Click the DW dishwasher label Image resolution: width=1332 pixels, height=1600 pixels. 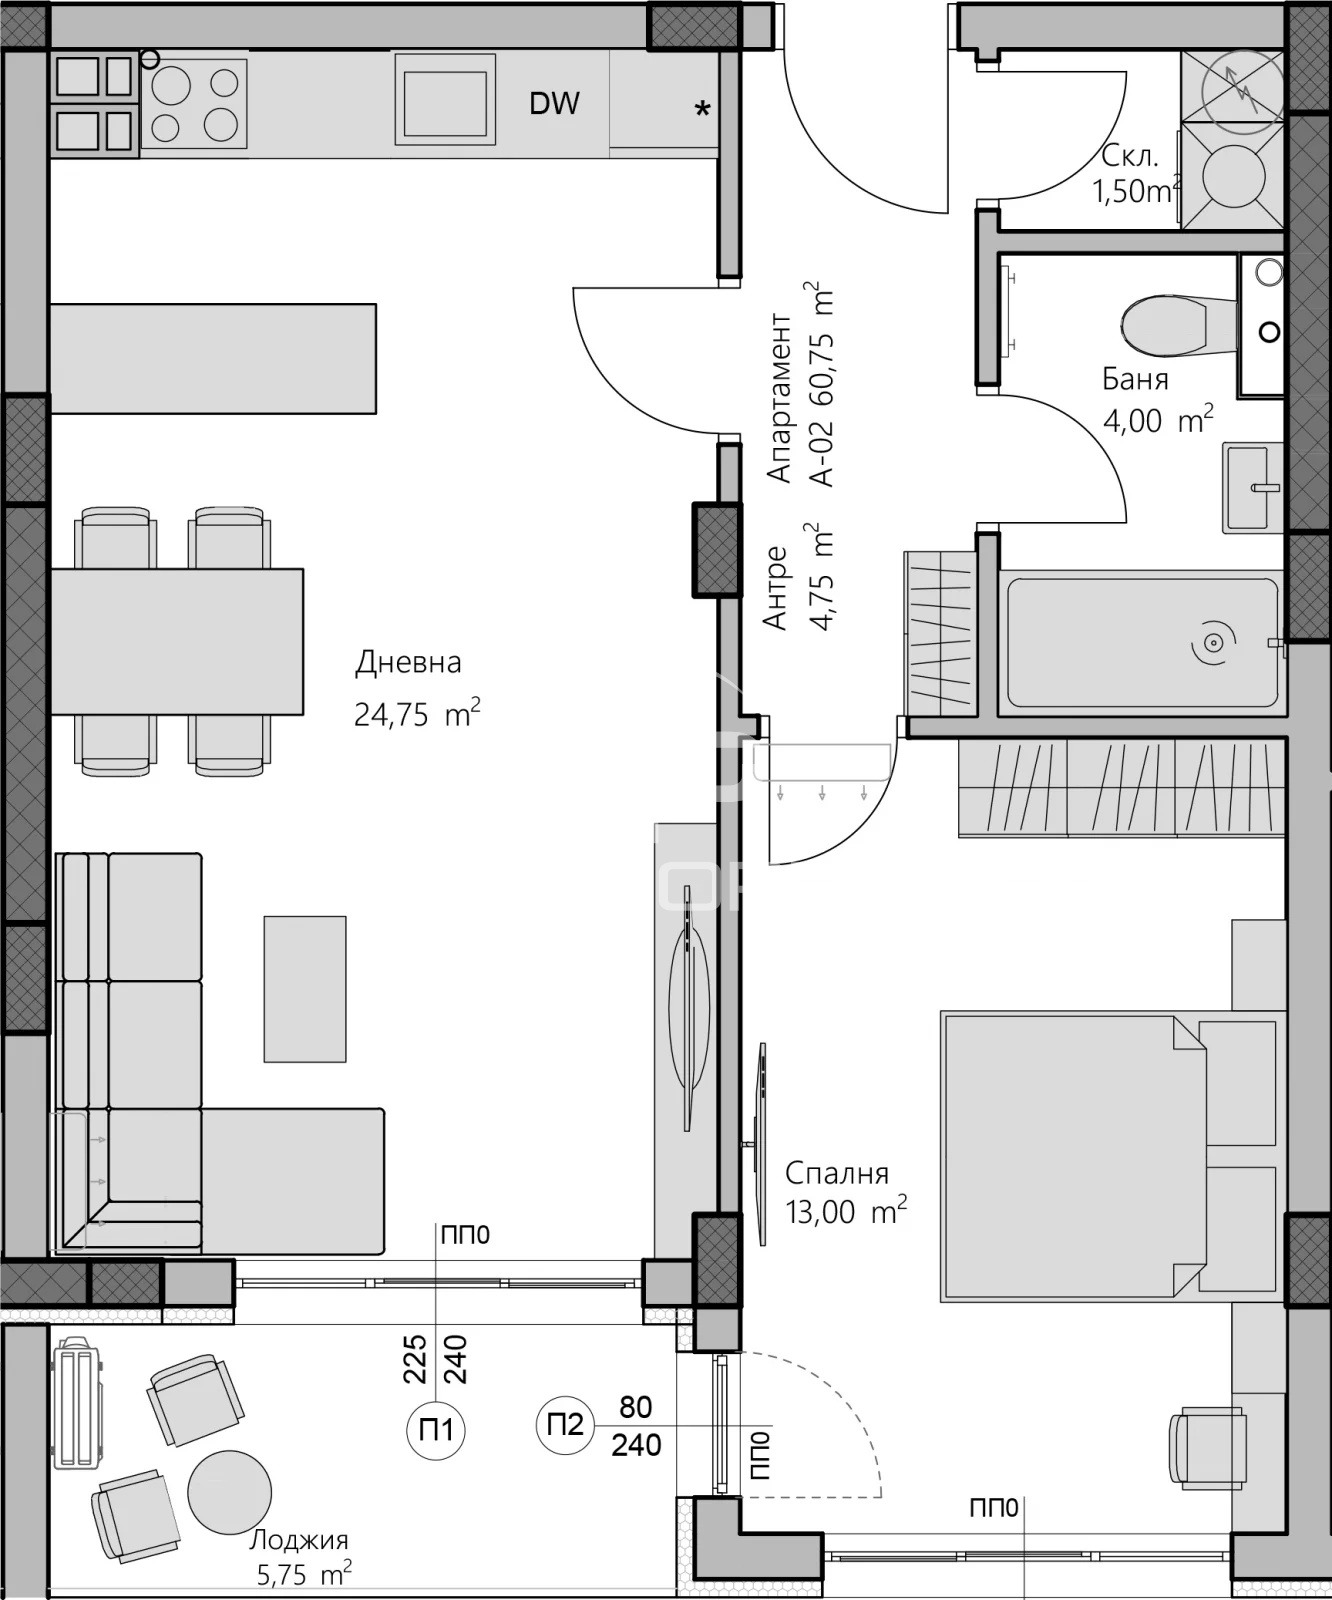tap(554, 103)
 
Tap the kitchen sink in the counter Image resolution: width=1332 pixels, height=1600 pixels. tap(445, 98)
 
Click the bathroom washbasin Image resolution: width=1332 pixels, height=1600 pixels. tap(1251, 488)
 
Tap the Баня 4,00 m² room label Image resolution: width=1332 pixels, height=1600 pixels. tap(1156, 400)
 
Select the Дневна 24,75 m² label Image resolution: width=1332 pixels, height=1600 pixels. tap(415, 689)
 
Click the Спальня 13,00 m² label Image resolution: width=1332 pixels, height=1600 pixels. tap(845, 1192)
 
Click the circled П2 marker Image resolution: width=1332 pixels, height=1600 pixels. tap(566, 1423)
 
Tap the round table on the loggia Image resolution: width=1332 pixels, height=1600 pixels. tap(230, 1492)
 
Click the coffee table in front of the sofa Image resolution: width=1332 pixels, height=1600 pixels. tap(305, 988)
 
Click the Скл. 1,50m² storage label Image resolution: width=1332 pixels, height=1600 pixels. tap(1135, 173)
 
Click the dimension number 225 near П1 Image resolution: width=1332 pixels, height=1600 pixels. tap(415, 1358)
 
